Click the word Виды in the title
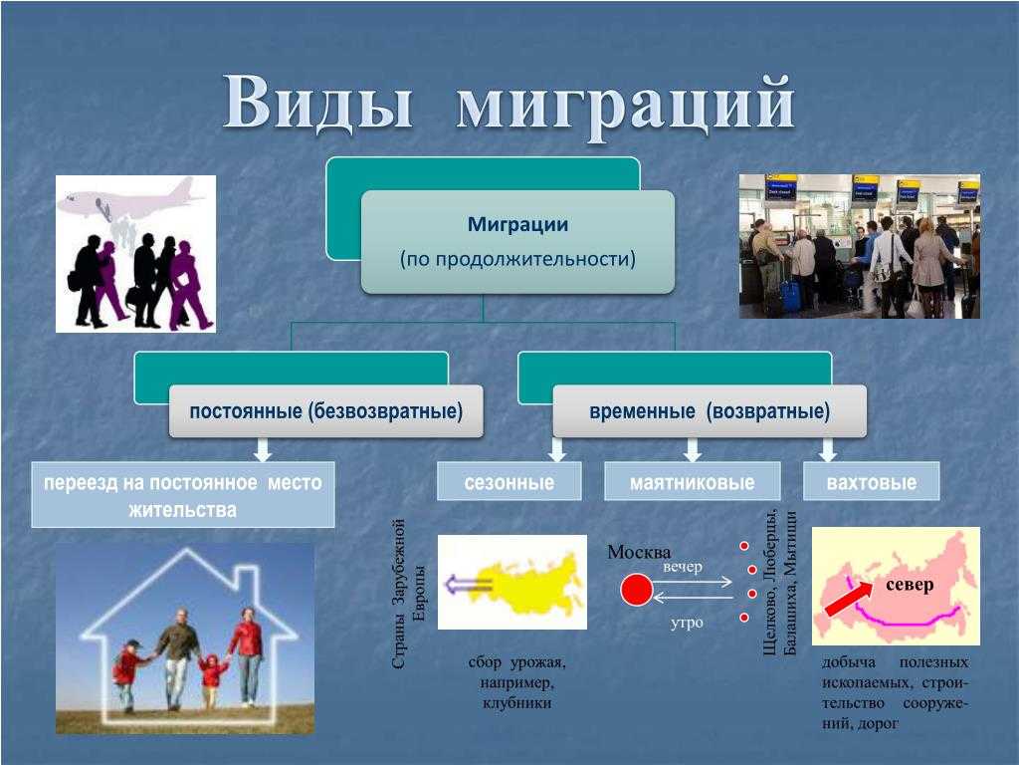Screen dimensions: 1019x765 pos(319,104)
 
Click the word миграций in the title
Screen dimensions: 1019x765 pos(626,106)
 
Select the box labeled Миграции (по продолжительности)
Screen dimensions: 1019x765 pos(517,241)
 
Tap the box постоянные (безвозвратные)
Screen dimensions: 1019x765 pos(326,411)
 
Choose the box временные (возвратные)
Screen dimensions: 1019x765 pos(710,411)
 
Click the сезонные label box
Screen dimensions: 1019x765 pos(509,481)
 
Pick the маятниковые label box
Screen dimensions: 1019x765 pos(693,481)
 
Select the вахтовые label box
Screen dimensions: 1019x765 pos(872,481)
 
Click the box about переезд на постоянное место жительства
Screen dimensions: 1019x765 pos(183,494)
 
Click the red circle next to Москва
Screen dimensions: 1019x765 pos(636,590)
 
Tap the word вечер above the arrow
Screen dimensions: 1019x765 pos(683,567)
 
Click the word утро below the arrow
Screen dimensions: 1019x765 pos(687,623)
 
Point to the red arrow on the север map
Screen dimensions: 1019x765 pos(848,599)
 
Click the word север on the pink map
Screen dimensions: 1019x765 pos(910,585)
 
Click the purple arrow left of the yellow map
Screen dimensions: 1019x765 pos(468,584)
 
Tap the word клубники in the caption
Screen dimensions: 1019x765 pos(517,703)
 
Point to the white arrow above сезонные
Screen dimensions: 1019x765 pos(557,449)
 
